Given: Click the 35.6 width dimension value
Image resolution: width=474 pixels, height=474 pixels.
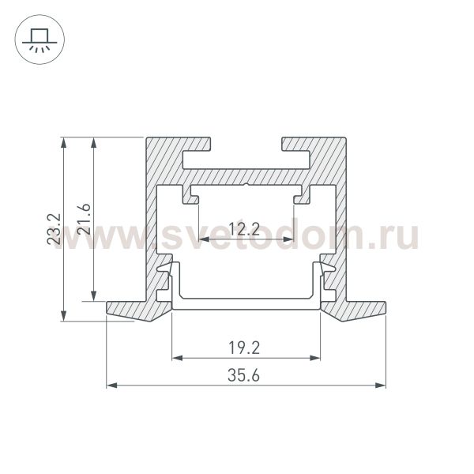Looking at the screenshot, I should pos(244,374).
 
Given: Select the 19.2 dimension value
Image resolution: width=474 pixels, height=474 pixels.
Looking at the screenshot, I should pos(245,346).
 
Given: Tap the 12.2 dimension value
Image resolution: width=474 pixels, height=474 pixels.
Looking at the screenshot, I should pos(244,230).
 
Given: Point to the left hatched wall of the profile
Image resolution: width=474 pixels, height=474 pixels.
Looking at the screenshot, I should pos(151,221).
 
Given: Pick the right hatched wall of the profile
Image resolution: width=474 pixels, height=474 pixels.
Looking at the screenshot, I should pos(341,221).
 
